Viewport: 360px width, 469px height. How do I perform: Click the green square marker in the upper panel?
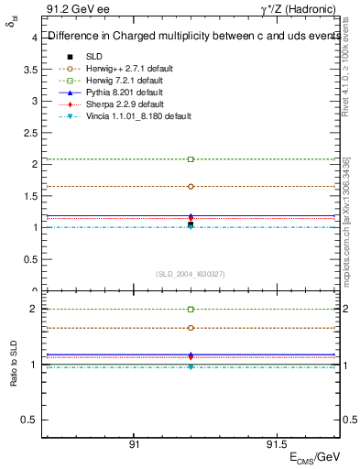coord(191,159)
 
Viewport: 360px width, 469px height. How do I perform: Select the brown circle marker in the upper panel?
coord(191,186)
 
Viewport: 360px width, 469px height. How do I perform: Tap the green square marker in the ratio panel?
coord(191,310)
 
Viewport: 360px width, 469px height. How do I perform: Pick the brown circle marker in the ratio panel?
coord(191,328)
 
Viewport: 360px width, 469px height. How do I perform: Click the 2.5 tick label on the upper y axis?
coord(31,133)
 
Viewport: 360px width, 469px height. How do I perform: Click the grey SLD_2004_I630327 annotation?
coord(191,273)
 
